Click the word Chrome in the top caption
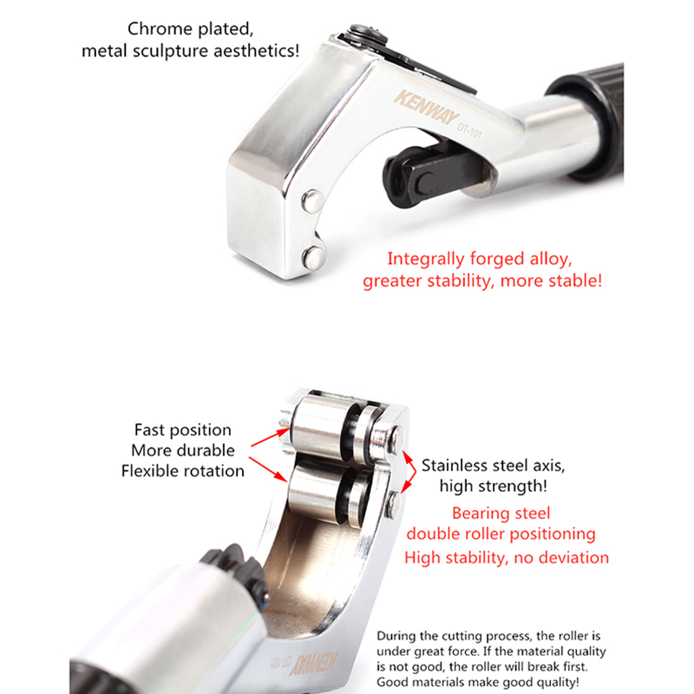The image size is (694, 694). (160, 29)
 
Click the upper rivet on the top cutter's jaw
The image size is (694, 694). (312, 201)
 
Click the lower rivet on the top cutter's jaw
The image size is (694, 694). (314, 257)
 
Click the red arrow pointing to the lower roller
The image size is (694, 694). (268, 469)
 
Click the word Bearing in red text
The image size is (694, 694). (478, 514)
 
